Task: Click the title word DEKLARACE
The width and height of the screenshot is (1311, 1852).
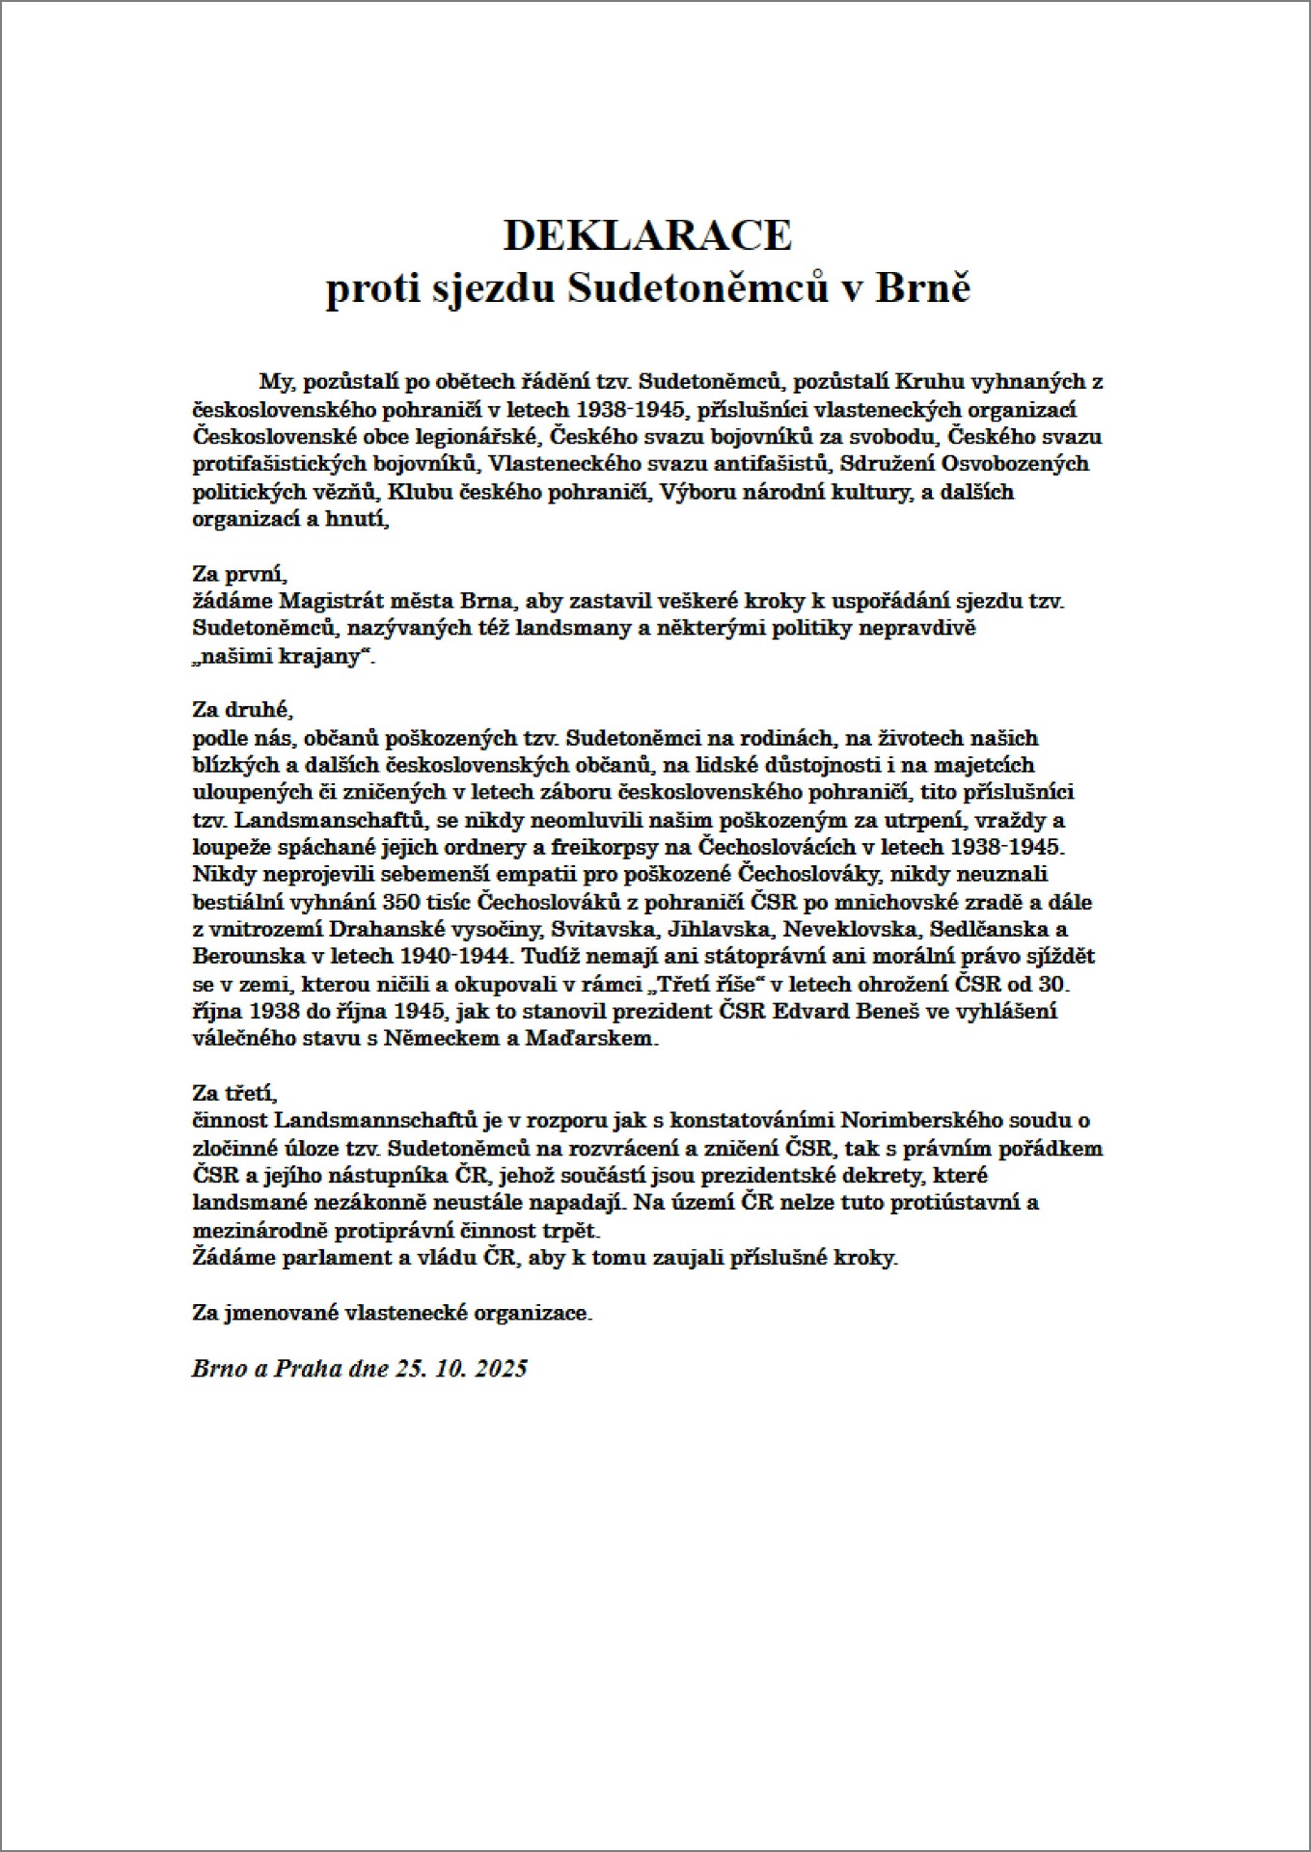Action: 647,235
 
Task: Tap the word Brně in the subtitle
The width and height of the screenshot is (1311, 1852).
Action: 922,289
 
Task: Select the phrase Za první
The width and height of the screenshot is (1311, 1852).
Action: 239,574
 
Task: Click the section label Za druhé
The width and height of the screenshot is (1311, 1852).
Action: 241,710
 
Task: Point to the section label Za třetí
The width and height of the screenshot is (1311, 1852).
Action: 234,1094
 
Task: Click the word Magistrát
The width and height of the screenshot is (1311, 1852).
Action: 324,601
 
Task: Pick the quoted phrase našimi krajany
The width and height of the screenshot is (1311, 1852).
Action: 282,657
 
